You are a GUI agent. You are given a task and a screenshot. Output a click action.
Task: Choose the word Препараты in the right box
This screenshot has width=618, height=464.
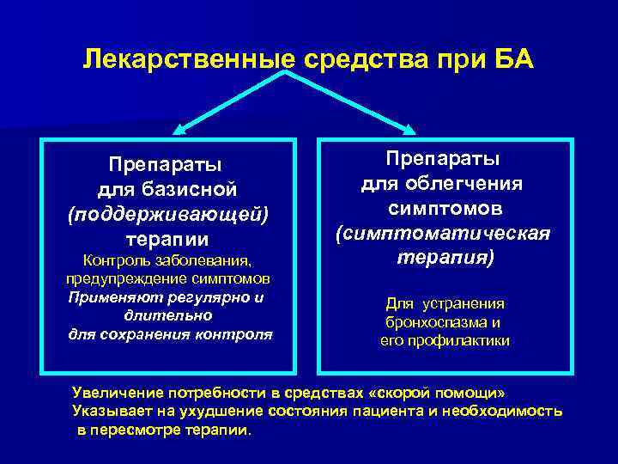pos(443,159)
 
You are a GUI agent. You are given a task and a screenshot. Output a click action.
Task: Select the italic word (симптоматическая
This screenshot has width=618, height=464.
pos(443,234)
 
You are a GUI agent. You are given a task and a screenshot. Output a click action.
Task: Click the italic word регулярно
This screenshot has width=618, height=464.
pos(210,297)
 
